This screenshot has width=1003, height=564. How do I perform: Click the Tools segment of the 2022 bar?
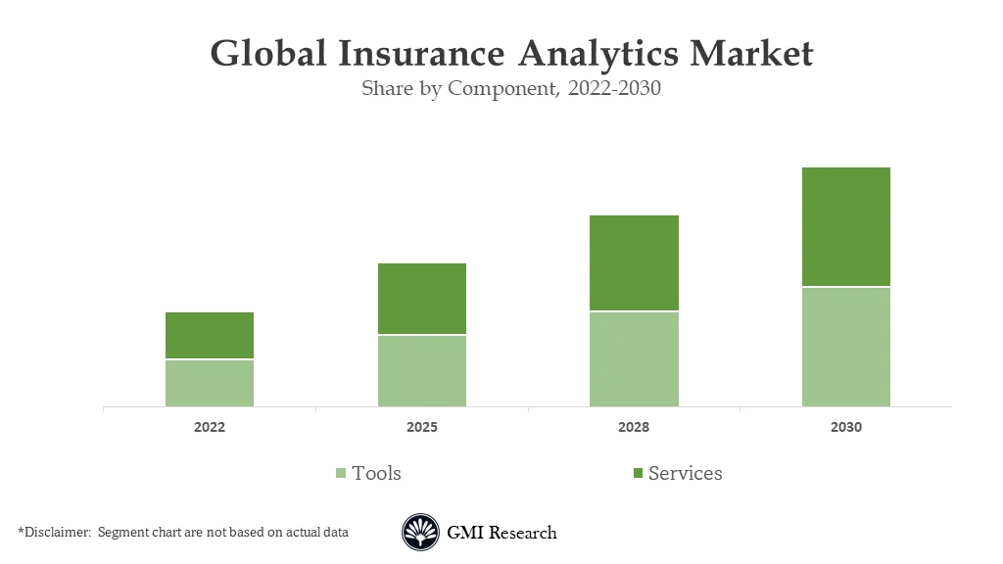point(210,383)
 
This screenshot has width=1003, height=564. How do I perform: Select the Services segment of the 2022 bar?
point(210,335)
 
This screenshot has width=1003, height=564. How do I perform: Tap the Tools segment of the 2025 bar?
point(422,370)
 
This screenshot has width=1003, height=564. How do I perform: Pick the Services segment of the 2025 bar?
point(422,299)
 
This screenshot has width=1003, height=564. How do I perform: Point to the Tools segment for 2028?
point(634,358)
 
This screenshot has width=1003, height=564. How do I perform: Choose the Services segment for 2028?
point(634,262)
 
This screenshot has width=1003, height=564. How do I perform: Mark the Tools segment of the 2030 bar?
point(846,347)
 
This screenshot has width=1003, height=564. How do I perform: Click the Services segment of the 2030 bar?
point(846,226)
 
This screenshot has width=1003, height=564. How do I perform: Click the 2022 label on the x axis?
point(210,428)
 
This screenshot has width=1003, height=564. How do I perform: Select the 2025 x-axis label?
point(422,428)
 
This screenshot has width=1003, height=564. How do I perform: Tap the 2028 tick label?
point(634,428)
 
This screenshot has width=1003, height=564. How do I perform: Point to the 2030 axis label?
point(846,428)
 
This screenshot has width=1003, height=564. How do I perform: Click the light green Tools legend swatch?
point(341,474)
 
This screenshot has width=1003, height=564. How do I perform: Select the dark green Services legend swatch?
point(638,474)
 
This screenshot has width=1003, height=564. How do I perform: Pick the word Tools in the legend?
point(376,473)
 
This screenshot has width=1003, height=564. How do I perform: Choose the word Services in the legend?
point(685,473)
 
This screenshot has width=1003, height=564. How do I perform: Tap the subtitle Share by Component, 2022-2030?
point(511,88)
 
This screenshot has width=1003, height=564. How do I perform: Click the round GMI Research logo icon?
point(420,533)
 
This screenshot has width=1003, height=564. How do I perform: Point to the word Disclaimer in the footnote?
point(57,533)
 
